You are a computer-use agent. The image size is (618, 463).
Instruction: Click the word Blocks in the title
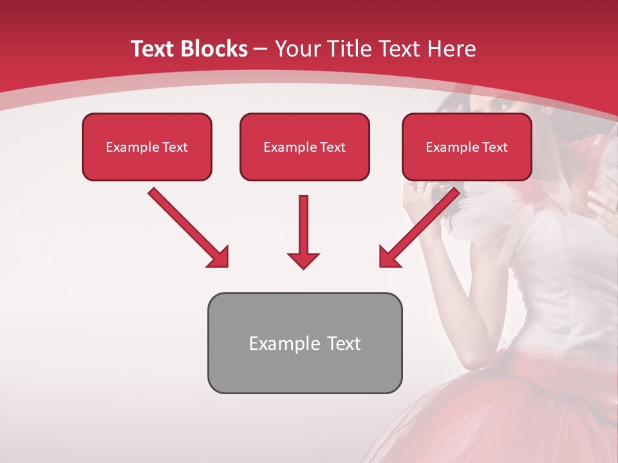point(213,49)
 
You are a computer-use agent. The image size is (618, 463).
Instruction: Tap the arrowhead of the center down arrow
point(303,260)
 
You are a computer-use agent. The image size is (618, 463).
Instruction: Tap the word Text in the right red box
point(495,147)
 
